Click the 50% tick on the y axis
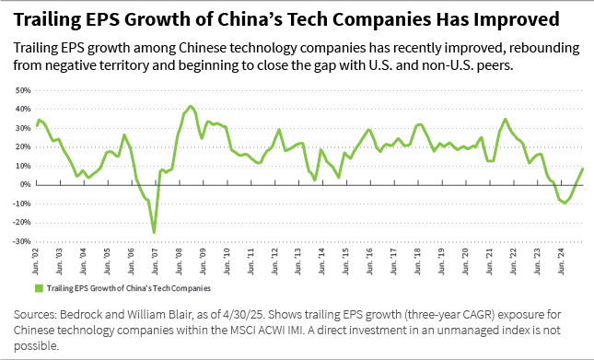click(22, 91)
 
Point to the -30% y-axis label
click(21, 241)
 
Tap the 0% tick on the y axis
click(25, 185)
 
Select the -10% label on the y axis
click(21, 203)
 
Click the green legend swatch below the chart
click(38, 288)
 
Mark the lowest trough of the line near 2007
click(154, 232)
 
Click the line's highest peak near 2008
click(190, 106)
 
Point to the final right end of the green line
click(583, 168)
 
